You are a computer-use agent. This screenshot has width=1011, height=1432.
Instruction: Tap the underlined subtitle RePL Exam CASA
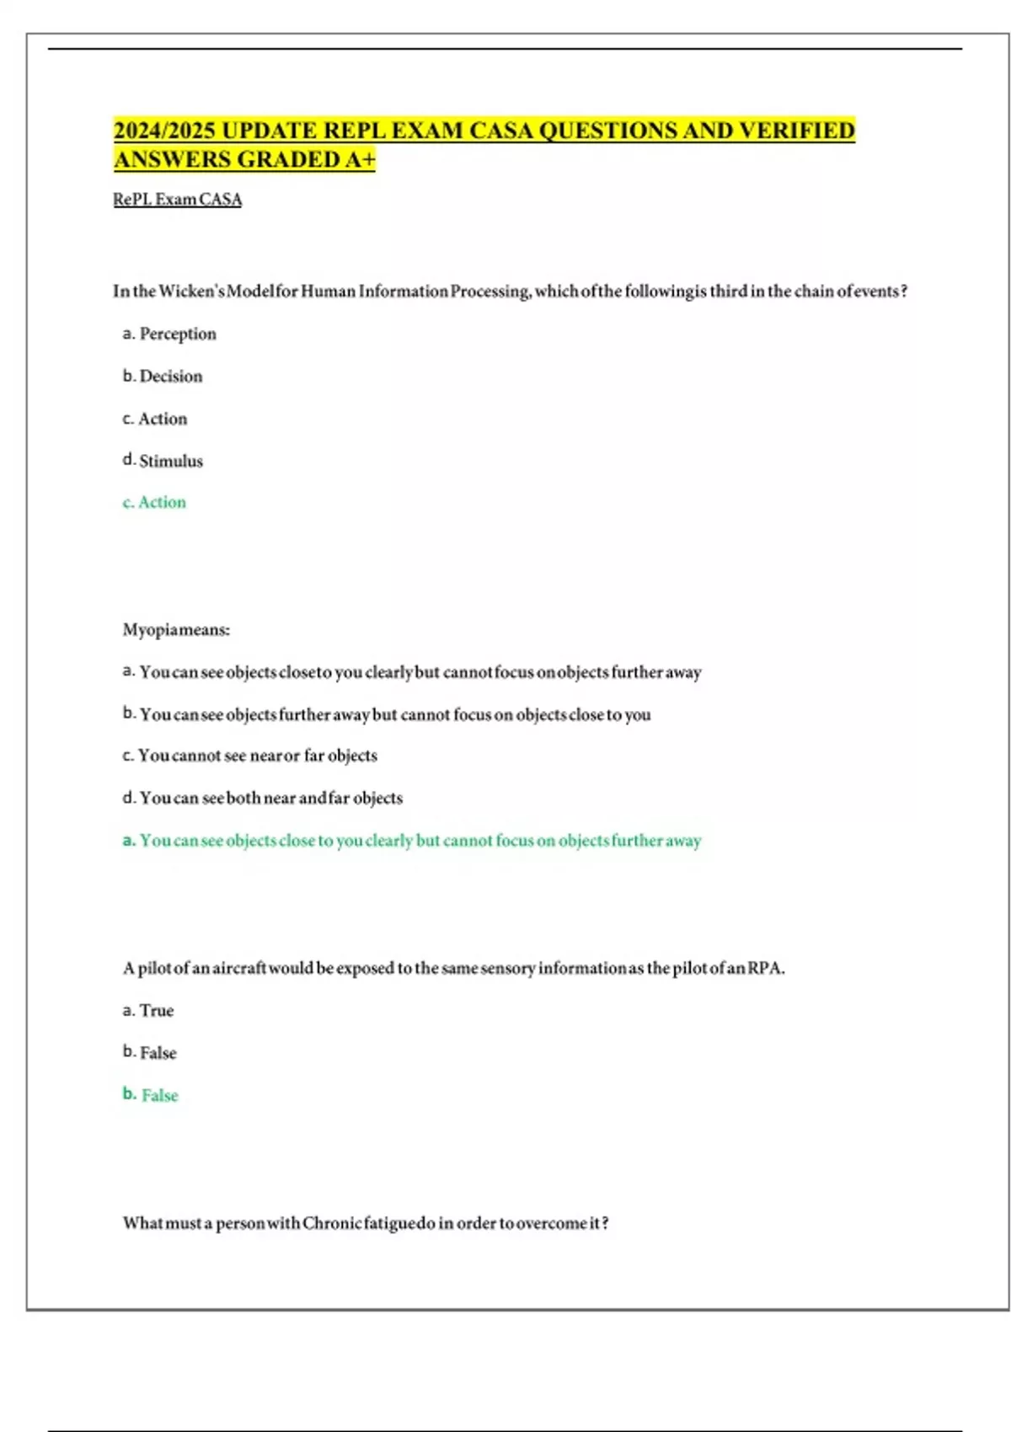point(177,200)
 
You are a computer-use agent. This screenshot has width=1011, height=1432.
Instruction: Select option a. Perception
point(169,334)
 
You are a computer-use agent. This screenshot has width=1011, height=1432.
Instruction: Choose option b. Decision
point(163,376)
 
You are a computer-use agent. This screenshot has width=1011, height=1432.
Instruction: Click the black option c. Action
point(155,419)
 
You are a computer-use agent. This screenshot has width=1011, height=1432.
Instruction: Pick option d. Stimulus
point(163,461)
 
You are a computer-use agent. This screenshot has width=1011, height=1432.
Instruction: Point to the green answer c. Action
point(154,502)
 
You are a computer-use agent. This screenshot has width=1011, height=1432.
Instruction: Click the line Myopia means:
point(176,629)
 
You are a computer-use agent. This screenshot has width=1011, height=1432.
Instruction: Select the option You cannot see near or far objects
point(249,756)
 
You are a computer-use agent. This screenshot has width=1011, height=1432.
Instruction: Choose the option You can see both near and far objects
point(262,798)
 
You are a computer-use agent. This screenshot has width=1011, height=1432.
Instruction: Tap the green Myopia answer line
point(411,841)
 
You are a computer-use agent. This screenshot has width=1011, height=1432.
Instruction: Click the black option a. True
point(148,1010)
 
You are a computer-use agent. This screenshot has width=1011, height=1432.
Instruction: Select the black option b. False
point(149,1052)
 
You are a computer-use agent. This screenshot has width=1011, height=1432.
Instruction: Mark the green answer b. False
point(150,1095)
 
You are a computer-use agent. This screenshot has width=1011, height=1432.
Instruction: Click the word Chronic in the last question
point(332,1223)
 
